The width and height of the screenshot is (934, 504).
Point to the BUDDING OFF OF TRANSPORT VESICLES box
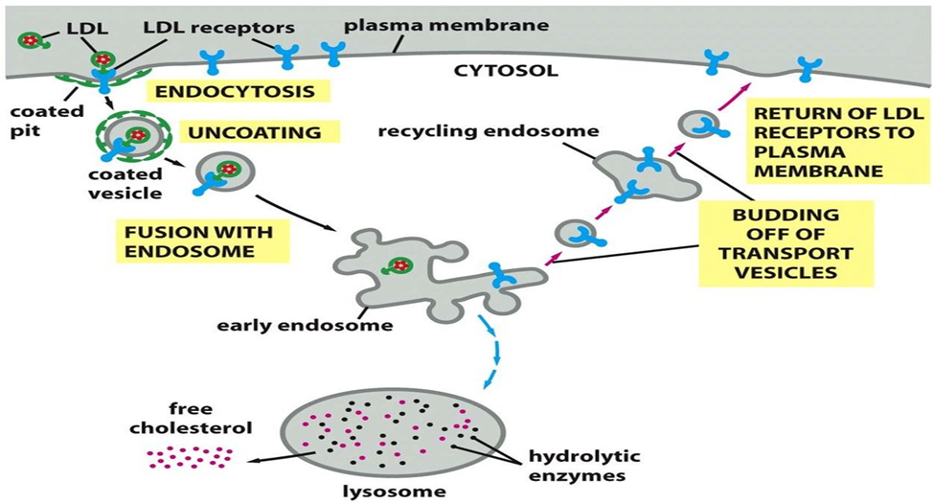click(x=786, y=243)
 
